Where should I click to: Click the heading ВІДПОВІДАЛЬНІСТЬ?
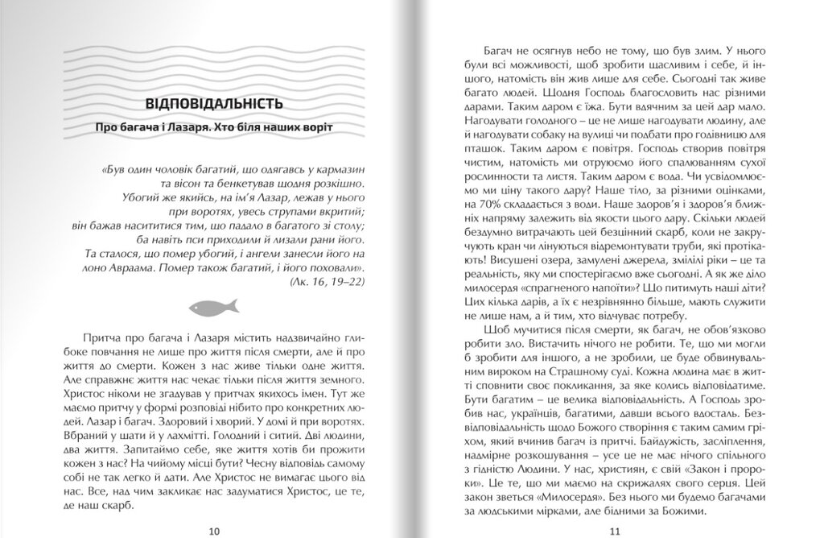[213, 105]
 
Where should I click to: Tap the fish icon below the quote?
[214, 306]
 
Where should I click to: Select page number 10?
[214, 530]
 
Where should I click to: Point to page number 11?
[615, 530]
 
